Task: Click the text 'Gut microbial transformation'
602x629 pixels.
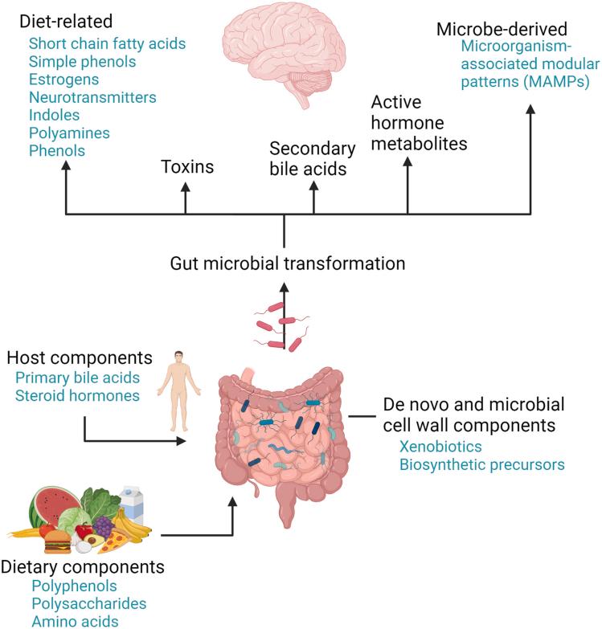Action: click(286, 263)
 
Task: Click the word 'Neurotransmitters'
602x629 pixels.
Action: click(92, 97)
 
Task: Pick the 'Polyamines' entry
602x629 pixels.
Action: click(69, 133)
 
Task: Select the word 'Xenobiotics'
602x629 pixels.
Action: click(435, 447)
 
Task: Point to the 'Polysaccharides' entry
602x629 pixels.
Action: click(88, 602)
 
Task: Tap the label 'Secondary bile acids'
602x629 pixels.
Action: click(313, 158)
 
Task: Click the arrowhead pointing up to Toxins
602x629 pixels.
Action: click(186, 186)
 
